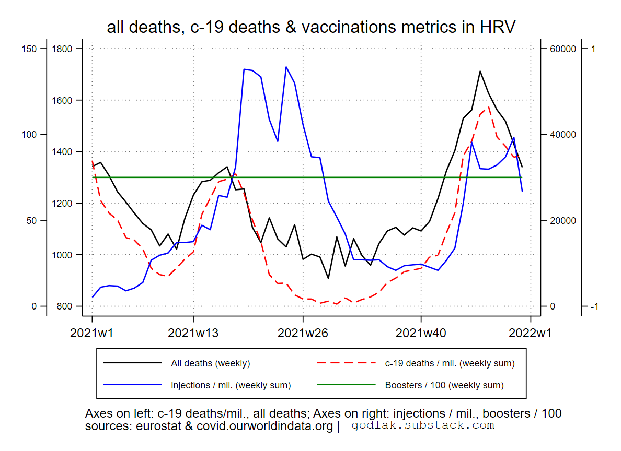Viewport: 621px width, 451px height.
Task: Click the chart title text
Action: point(311,27)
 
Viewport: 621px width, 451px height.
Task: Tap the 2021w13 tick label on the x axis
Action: point(193,333)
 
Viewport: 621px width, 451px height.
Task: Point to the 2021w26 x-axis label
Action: point(303,333)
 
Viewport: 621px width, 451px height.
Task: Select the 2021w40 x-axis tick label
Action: point(421,333)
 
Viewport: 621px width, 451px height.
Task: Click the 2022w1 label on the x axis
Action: point(531,333)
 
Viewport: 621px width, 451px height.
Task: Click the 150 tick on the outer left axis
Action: point(30,49)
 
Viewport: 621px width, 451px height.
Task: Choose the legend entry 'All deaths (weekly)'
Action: point(210,363)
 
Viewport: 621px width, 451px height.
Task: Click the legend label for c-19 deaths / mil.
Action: point(450,363)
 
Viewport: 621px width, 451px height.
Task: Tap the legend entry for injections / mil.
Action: point(231,386)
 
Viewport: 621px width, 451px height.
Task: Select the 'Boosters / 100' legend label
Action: point(444,386)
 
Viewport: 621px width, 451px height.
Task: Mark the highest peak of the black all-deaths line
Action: point(480,71)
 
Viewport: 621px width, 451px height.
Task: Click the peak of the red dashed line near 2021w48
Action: point(488,108)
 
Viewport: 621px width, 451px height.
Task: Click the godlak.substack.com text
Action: point(422,425)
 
